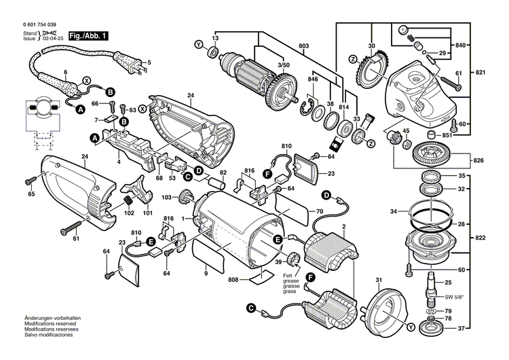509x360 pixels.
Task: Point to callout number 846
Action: tap(313, 79)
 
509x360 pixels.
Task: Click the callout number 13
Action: tap(214, 38)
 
